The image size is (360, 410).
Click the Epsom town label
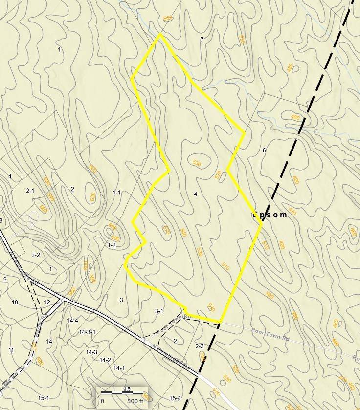tap(269, 215)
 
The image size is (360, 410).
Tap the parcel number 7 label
tap(202, 39)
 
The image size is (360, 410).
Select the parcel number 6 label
tap(264, 150)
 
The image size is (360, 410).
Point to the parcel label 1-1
tap(116, 193)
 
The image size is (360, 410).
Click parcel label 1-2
tap(112, 245)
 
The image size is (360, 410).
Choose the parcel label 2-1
tap(30, 191)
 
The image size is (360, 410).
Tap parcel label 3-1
tap(159, 311)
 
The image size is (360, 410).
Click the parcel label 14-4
tap(72, 321)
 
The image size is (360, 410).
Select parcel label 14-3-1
tap(87, 332)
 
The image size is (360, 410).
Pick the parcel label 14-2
tap(105, 360)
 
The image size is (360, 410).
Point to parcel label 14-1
tap(119, 368)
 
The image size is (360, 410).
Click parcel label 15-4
tap(175, 398)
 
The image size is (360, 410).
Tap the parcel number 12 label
tap(47, 302)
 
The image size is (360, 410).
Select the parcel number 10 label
tap(15, 302)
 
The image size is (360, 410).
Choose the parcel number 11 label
tap(11, 350)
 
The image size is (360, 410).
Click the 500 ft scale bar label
tap(135, 401)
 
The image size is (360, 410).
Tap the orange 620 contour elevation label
tap(92, 196)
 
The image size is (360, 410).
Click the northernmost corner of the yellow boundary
tap(160, 34)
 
